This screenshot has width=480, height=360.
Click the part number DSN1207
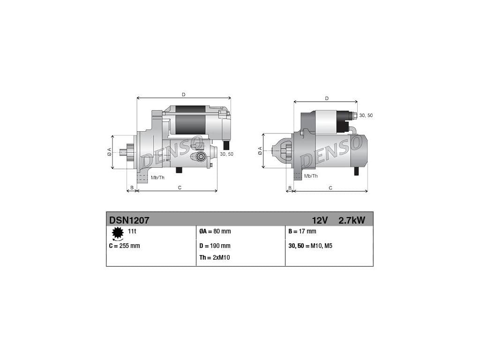pyautogui.click(x=129, y=220)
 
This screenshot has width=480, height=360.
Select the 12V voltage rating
pyautogui.click(x=320, y=220)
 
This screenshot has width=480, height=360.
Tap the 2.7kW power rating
pyautogui.click(x=352, y=220)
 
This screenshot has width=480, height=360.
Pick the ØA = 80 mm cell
pyautogui.click(x=215, y=232)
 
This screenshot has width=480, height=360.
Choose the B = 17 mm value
pyautogui.click(x=302, y=232)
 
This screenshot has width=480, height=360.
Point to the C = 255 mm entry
pyautogui.click(x=124, y=246)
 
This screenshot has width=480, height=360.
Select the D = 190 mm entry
pyautogui.click(x=215, y=246)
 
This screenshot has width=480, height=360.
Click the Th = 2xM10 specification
pyautogui.click(x=215, y=257)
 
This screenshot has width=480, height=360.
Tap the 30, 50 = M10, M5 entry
pyautogui.click(x=310, y=246)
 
